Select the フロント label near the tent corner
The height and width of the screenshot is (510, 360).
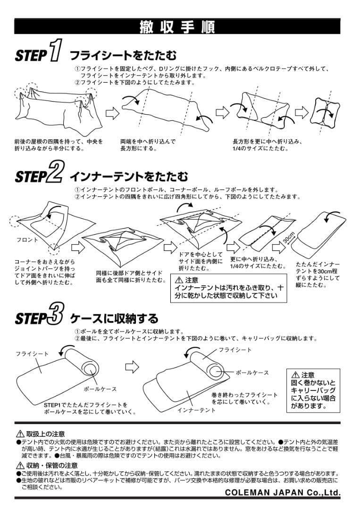[x=27, y=240]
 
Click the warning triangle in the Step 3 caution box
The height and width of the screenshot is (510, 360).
[x=296, y=374]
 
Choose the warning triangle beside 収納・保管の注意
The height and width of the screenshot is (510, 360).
[x=20, y=466]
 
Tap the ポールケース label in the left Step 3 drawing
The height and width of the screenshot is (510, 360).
[x=100, y=389]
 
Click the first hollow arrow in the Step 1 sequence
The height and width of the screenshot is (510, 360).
[x=111, y=113]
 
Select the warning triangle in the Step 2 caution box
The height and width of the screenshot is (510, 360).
[x=179, y=280]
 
